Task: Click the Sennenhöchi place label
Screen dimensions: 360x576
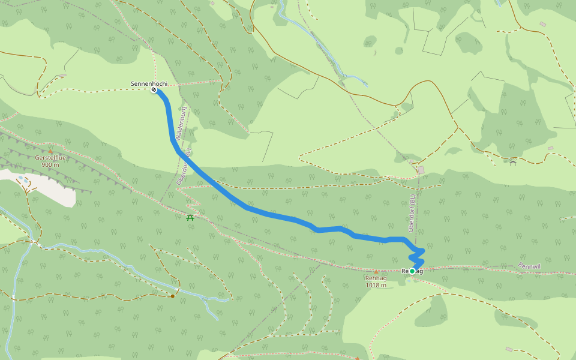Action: [x=149, y=83]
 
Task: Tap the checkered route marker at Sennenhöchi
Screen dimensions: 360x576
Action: [x=154, y=90]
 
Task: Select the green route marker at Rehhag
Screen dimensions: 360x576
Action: [x=412, y=271]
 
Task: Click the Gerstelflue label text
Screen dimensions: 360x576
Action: [x=50, y=158]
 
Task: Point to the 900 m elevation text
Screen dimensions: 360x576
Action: [x=50, y=164]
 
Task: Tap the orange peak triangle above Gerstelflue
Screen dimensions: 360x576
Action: [x=50, y=151]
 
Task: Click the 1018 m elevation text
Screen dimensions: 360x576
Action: [x=376, y=285]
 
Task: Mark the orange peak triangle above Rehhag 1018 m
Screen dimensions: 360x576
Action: [x=376, y=271]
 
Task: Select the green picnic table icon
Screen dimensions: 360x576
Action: [x=190, y=217]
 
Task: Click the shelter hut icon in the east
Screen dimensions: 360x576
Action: [x=512, y=163]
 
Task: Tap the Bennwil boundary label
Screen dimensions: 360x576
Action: [x=529, y=265]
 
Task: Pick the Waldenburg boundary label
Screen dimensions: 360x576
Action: [x=182, y=124]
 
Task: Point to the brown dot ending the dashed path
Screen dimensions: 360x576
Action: [x=173, y=296]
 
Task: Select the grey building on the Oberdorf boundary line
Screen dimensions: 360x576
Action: [x=421, y=170]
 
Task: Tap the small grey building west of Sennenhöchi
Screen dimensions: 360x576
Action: [x=62, y=76]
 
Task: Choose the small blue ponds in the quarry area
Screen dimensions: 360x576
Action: [x=22, y=178]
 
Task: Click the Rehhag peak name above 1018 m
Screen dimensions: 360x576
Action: [x=376, y=278]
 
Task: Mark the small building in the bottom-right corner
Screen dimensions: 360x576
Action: [x=509, y=349]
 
